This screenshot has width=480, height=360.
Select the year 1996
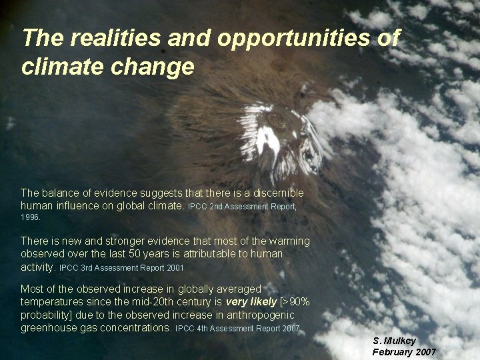tap(30, 217)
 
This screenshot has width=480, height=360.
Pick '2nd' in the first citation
tap(217, 207)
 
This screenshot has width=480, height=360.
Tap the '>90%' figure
tap(295, 302)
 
